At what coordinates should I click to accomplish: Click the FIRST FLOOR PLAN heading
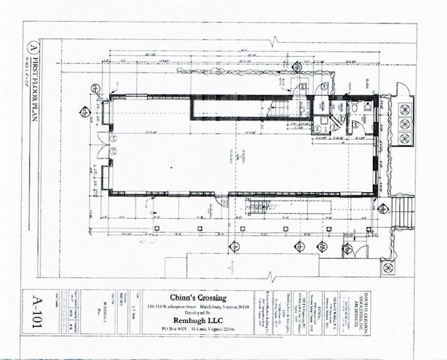[32, 87]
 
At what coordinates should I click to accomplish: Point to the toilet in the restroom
[354, 109]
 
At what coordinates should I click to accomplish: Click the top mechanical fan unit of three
[404, 108]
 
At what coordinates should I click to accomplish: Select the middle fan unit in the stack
[404, 124]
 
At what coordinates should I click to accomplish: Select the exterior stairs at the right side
[404, 213]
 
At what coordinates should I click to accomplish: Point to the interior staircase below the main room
[258, 208]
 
